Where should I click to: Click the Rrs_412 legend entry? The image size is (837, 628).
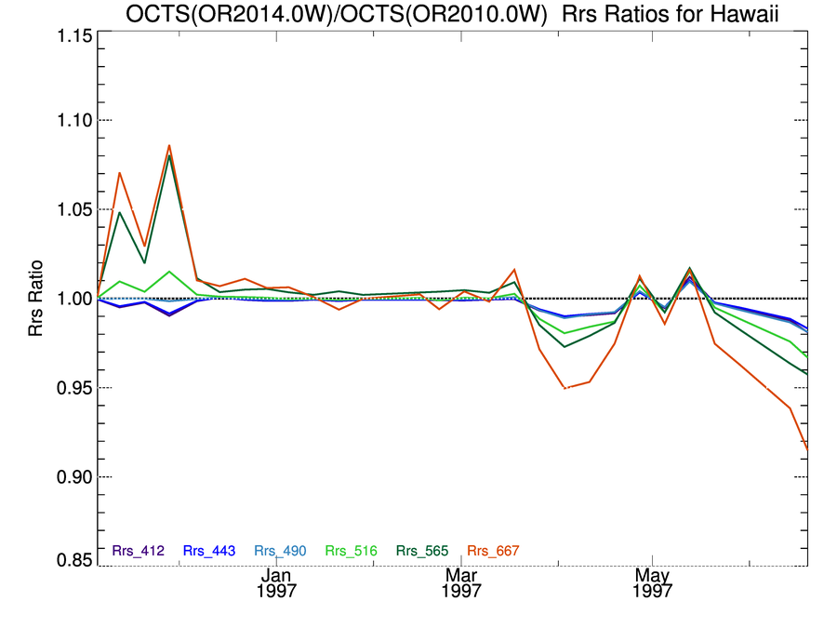pyautogui.click(x=138, y=551)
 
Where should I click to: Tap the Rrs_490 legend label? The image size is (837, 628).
pyautogui.click(x=281, y=551)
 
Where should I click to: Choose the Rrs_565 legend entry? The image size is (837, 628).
pyautogui.click(x=423, y=551)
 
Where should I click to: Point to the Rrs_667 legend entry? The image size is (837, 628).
pyautogui.click(x=495, y=551)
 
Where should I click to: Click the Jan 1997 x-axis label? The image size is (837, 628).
pyautogui.click(x=278, y=583)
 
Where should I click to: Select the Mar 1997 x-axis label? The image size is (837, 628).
pyautogui.click(x=462, y=583)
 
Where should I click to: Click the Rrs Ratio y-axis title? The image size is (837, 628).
pyautogui.click(x=36, y=299)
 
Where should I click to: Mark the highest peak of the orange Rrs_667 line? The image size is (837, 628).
pyautogui.click(x=169, y=145)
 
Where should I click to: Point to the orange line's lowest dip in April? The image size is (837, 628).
pyautogui.click(x=565, y=388)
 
